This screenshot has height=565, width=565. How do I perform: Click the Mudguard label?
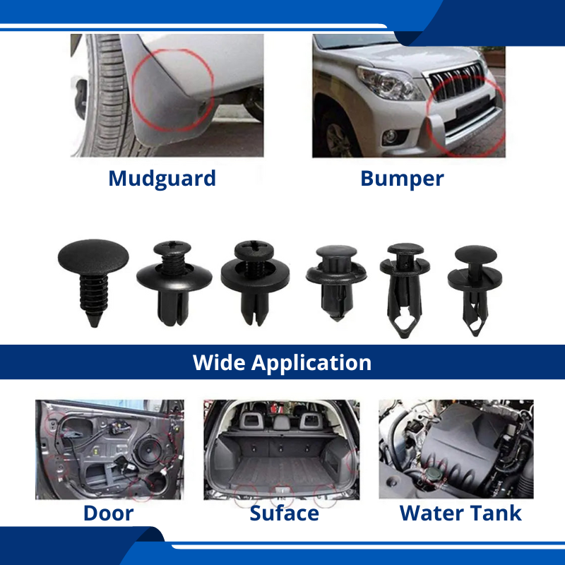point(162,179)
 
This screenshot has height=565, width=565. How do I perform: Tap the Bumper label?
point(402,179)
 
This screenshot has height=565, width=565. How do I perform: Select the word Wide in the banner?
point(219,362)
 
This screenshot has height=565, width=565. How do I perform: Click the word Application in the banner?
point(311,363)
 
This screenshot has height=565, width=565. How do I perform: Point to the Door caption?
point(109,513)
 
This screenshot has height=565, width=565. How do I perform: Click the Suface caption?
point(285,513)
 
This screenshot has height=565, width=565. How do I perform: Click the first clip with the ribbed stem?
point(93,282)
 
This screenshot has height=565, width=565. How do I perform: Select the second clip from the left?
point(174,283)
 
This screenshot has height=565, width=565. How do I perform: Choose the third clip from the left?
point(255,283)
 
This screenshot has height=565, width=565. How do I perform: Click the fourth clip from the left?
point(336,283)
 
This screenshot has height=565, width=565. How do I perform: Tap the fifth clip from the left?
point(405,290)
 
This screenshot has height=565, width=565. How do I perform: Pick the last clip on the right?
point(475,290)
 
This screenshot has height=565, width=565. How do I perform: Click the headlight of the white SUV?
point(389,83)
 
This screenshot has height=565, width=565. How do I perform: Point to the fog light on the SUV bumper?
point(391,136)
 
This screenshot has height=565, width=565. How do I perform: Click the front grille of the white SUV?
point(456,82)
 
